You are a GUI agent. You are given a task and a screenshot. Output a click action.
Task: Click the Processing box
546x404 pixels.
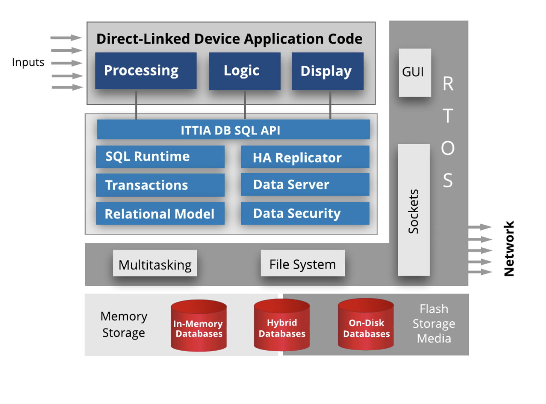point(146,71)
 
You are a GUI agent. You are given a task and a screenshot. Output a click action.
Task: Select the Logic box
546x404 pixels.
point(244,71)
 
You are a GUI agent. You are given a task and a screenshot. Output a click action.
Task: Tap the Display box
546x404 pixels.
point(327,71)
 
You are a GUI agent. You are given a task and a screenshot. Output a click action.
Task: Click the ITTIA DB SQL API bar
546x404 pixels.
point(233,130)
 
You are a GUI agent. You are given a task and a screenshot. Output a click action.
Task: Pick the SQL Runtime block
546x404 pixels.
point(160,157)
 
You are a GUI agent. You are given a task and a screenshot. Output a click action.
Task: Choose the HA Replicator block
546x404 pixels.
point(305,157)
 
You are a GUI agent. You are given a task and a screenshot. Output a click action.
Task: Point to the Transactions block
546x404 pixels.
point(160,185)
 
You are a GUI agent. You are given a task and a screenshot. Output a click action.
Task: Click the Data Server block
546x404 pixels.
point(305,184)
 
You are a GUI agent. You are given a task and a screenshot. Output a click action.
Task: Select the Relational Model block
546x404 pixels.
point(160,214)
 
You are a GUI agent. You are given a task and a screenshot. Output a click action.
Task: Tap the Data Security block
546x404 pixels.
point(305,213)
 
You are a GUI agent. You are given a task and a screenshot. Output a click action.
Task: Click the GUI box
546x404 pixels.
point(414,72)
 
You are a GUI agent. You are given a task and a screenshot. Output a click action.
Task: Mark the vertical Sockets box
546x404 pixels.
point(414,210)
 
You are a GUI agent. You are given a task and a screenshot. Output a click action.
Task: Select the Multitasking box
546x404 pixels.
point(155,263)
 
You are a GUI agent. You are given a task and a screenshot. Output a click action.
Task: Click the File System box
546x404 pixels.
point(302,263)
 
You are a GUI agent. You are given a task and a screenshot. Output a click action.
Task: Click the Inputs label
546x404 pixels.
point(28,62)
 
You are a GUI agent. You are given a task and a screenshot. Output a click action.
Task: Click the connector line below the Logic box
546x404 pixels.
point(245,104)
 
